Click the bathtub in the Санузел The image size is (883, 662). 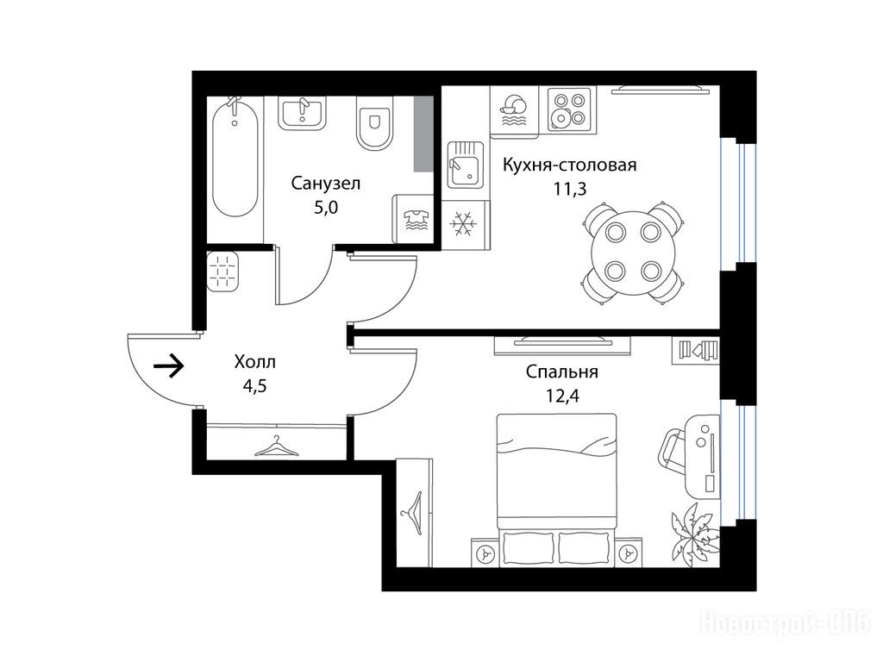pos(236,159)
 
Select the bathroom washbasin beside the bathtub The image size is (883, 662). pos(302,114)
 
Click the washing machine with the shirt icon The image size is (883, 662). pos(413,218)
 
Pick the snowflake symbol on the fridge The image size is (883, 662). pos(463,223)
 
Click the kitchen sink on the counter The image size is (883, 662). pos(465,165)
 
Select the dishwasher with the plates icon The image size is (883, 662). pos(514,110)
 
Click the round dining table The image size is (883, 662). pos(632,253)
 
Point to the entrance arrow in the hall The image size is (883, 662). pos(169,366)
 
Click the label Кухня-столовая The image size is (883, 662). pos(569,165)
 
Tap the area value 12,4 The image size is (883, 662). pos(562,396)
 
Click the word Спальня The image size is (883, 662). pos(562,372)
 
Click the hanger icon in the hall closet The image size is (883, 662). pos(277,447)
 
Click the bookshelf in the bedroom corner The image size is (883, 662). pos(697,350)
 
